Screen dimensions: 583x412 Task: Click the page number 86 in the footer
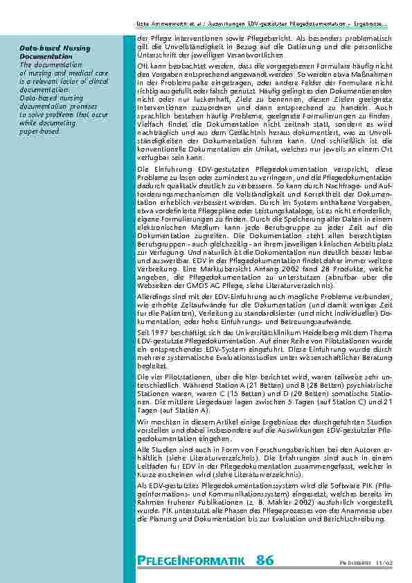[265, 559]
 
